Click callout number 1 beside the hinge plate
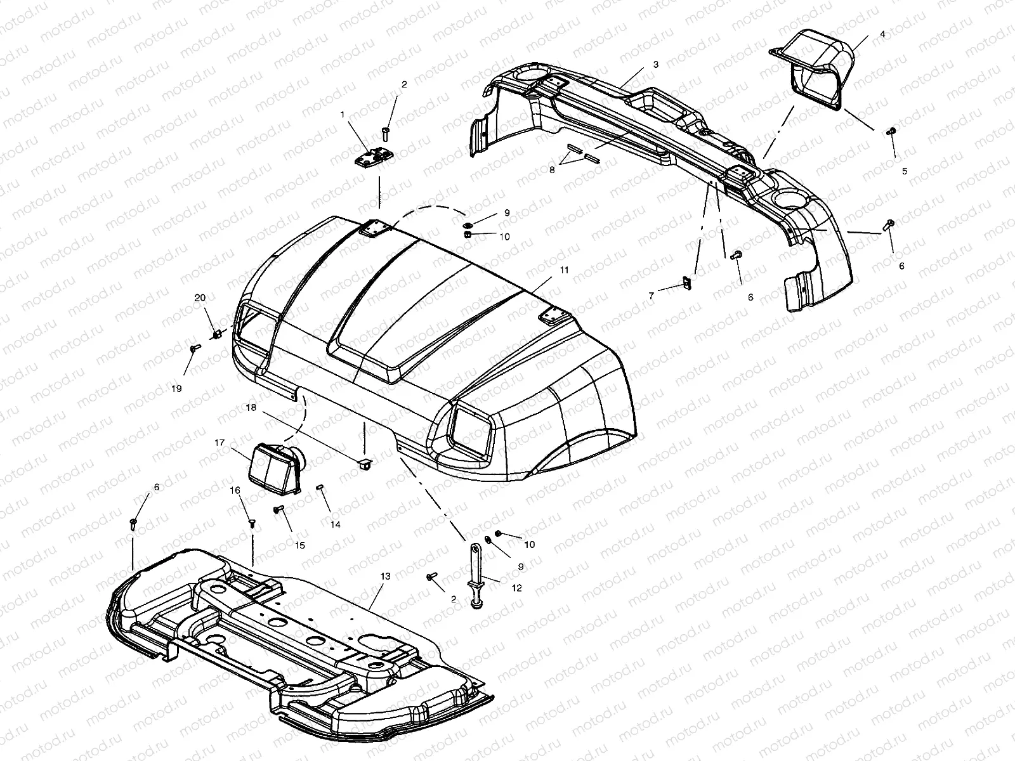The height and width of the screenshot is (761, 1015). click(343, 115)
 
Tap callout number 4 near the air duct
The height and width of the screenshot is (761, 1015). click(882, 34)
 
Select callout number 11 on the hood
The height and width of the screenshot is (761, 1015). click(656, 65)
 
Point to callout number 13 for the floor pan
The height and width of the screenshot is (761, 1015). click(385, 576)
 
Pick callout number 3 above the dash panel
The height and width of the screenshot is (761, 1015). click(656, 65)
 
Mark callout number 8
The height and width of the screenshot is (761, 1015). click(552, 169)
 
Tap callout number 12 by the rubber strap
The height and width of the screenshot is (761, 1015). click(516, 588)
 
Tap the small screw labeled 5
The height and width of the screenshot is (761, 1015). click(890, 131)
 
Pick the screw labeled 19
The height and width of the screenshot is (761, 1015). click(194, 348)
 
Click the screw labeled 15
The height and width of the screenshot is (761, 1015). click(278, 509)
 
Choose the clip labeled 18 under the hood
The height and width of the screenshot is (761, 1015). click(365, 464)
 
